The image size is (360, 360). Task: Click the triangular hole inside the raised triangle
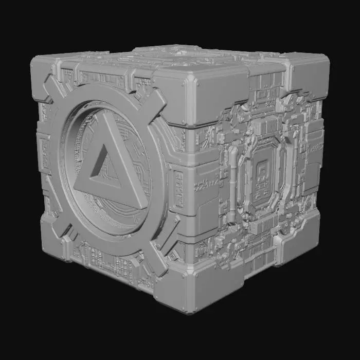pos(103,172)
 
